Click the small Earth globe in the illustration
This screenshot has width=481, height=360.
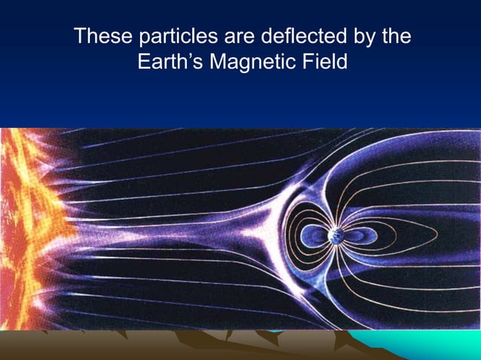335,236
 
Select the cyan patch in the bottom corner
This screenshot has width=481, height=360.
445,346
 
